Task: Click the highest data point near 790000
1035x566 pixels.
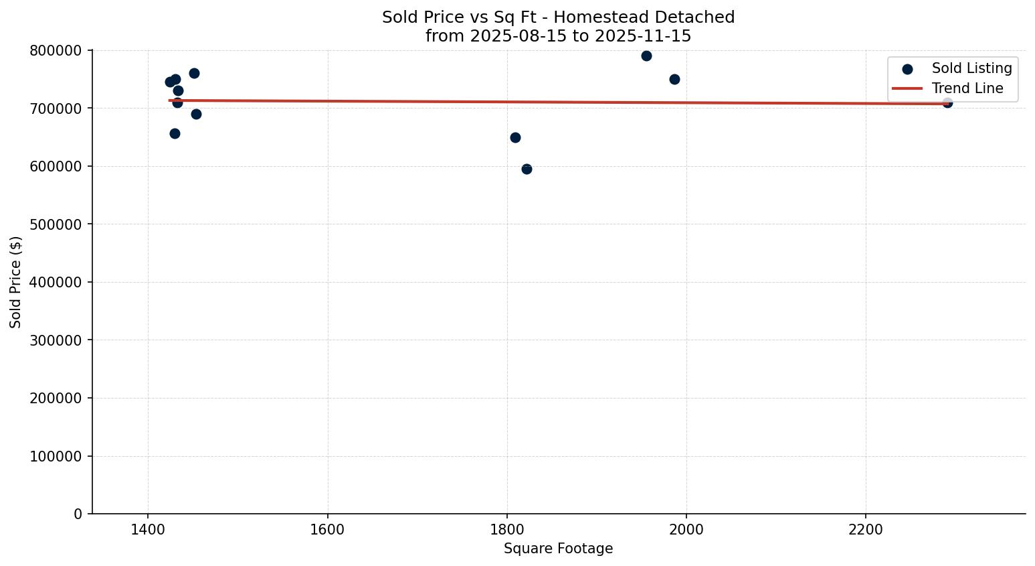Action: coord(646,56)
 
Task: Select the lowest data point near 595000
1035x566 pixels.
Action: coord(527,169)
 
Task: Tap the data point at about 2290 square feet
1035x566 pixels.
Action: coord(947,102)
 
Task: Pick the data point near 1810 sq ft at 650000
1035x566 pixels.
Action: coord(515,137)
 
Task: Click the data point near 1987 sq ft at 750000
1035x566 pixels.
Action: coord(674,79)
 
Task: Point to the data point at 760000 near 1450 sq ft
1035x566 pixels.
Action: coord(194,73)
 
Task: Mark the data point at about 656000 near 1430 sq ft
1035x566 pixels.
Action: coord(175,133)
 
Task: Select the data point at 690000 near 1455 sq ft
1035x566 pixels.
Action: coord(196,114)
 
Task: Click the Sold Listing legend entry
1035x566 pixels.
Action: coord(971,68)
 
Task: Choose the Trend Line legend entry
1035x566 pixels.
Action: coord(967,88)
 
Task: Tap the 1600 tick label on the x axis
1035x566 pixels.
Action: coord(327,530)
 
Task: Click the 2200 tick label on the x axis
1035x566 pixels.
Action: coord(866,530)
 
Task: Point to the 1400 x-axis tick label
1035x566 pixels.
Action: coord(148,530)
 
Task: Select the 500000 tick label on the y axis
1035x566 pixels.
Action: coord(56,224)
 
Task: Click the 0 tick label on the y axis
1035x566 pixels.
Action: coord(78,514)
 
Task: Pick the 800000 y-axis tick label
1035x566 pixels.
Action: coord(56,51)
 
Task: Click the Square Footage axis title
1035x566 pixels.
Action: coord(558,549)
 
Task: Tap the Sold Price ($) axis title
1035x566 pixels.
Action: coord(16,282)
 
